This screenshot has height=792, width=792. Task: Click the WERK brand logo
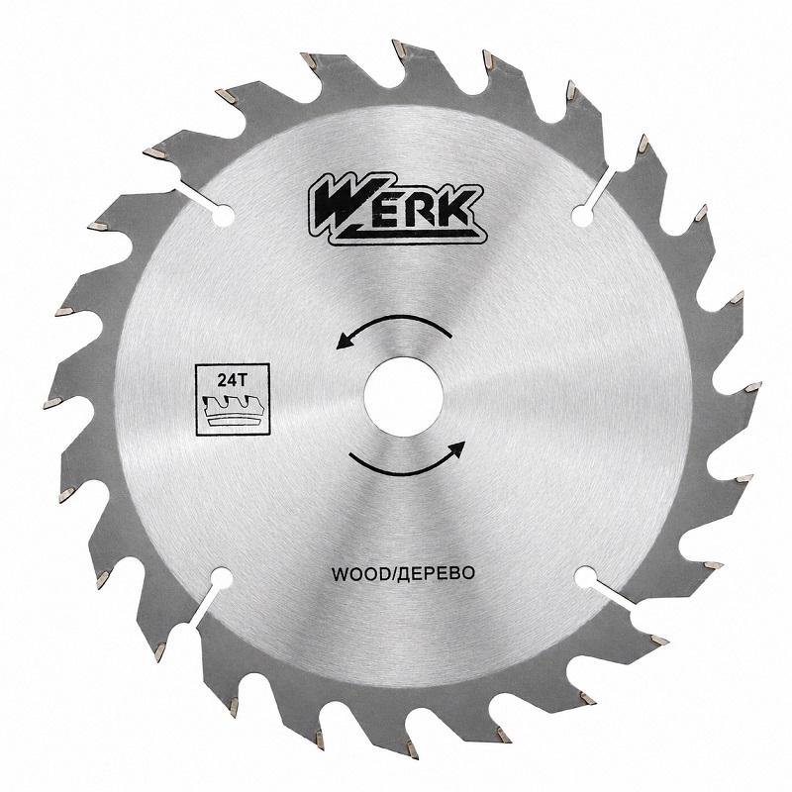pyautogui.click(x=397, y=209)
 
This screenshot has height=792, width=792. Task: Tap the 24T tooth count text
pyautogui.click(x=232, y=380)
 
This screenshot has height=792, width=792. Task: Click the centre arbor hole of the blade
pyautogui.click(x=403, y=397)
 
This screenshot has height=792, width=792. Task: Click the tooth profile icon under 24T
pyautogui.click(x=233, y=410)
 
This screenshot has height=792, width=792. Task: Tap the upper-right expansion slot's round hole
pyautogui.click(x=583, y=216)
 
